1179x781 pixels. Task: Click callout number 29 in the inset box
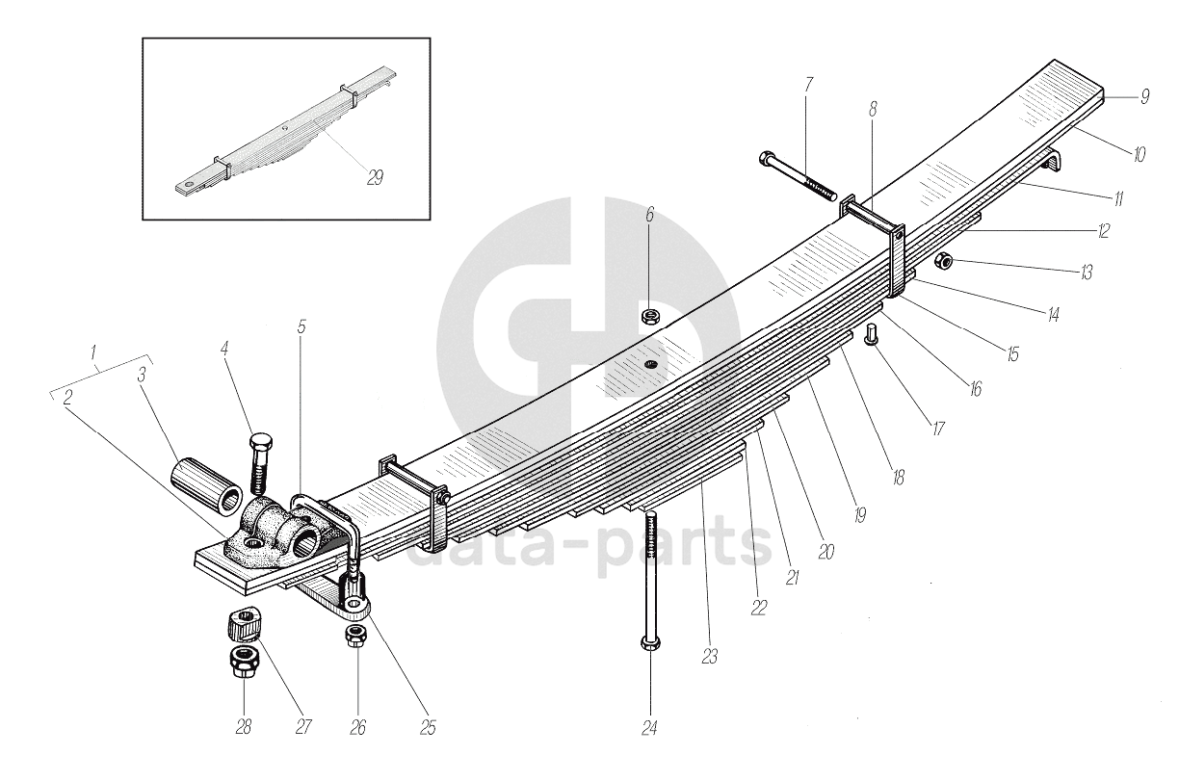point(375,177)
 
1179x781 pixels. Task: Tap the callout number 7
point(807,85)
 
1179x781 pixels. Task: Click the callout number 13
point(1087,273)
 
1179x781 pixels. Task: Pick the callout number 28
point(244,727)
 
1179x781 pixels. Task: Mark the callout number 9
point(1144,96)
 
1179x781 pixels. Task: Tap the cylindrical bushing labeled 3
point(207,482)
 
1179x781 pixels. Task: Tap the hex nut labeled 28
point(243,662)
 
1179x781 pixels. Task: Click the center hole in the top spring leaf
point(651,363)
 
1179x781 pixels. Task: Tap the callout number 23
point(709,657)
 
